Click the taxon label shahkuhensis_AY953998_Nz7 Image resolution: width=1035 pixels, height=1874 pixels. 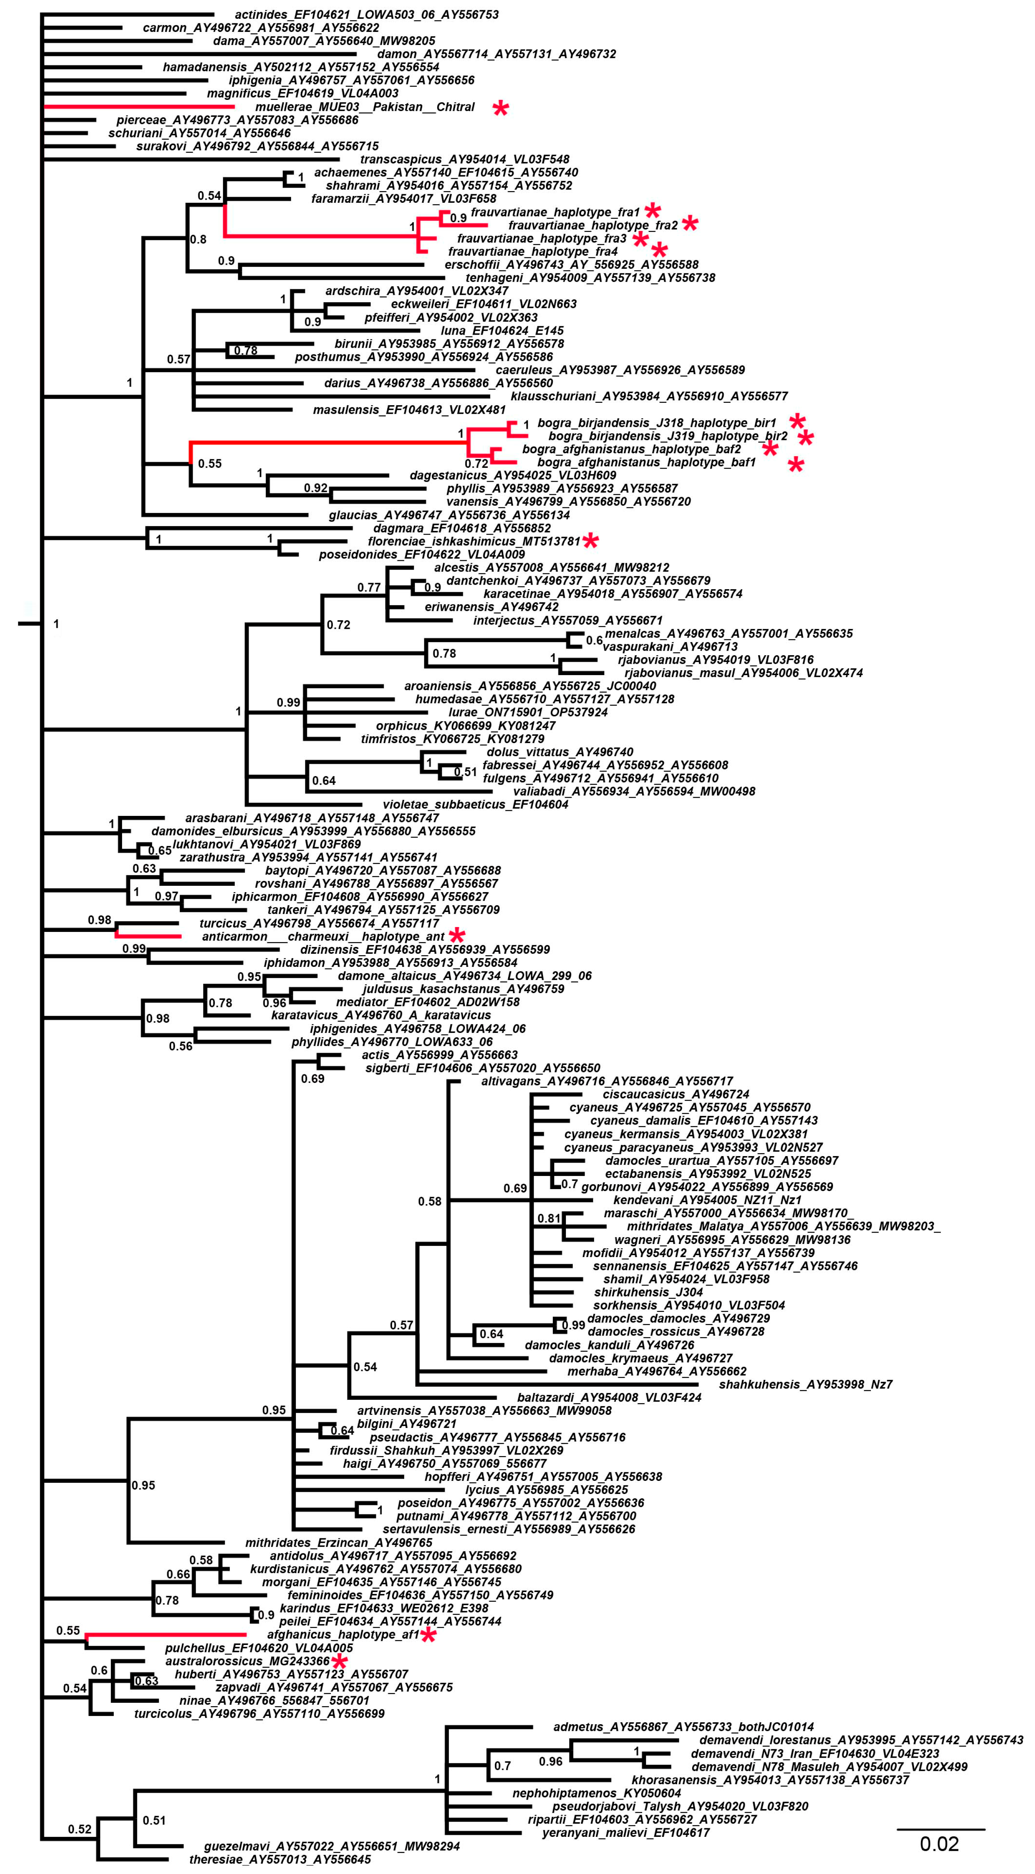(x=805, y=1384)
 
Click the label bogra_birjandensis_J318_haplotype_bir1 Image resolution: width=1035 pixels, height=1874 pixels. (x=656, y=423)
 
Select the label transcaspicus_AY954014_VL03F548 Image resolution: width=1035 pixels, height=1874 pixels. (x=465, y=159)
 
